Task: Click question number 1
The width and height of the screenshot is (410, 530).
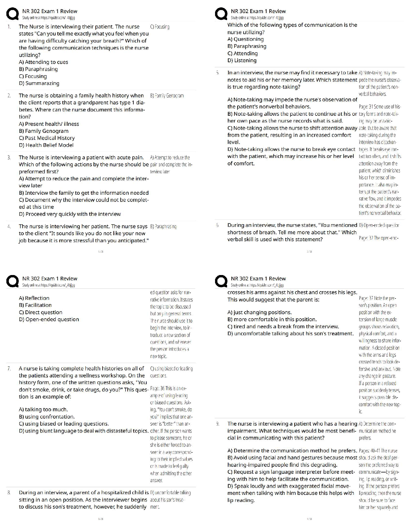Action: point(9,26)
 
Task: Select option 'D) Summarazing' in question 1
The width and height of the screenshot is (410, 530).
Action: point(39,83)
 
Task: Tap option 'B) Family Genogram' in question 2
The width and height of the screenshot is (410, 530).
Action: point(44,131)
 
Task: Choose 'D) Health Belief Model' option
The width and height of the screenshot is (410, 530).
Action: point(46,145)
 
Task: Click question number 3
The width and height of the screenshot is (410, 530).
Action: point(9,157)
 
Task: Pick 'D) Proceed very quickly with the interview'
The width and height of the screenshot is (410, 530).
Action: point(70,214)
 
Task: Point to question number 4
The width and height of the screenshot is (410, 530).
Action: point(9,226)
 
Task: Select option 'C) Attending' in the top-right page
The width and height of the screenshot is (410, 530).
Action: point(243,53)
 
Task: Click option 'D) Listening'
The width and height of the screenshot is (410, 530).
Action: point(242,60)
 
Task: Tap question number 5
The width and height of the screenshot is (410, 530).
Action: point(217,73)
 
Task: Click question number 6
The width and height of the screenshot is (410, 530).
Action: point(217,225)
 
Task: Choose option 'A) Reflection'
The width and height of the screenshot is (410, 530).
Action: point(34,298)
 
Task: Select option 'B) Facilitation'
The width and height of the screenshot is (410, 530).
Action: point(35,305)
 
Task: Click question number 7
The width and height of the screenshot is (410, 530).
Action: point(9,368)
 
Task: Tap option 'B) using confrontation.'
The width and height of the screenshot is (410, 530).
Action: point(47,417)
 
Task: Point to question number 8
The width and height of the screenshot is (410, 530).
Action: point(9,493)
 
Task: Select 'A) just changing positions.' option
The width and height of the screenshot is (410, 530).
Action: point(259,312)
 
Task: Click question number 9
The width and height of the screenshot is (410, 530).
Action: point(217,424)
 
